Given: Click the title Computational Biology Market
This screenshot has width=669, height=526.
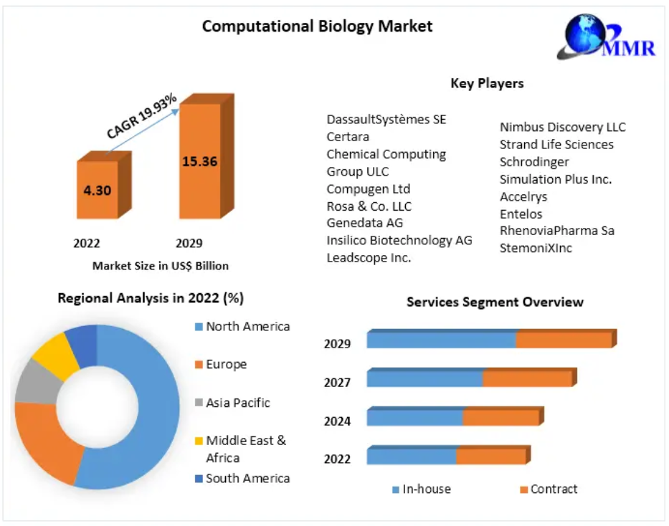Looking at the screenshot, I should (317, 27).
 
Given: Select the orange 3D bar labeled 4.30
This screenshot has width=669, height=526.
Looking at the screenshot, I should (98, 189).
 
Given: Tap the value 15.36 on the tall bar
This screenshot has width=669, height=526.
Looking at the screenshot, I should (199, 161).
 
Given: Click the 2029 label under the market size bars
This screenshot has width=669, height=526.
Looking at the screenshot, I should (189, 243).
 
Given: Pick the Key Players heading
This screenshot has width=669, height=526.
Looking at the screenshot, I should (487, 83).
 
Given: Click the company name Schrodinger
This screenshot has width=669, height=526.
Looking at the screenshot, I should (534, 162).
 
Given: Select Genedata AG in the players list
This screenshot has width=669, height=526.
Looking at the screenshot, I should (364, 223).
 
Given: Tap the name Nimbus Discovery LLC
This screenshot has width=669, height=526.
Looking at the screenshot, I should (562, 127).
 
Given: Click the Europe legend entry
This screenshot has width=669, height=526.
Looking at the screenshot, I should (226, 364).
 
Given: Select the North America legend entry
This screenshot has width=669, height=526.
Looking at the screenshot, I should (247, 327).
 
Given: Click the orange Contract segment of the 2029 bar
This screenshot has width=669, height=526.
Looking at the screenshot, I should (564, 340).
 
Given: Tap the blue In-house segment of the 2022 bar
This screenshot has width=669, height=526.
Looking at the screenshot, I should (411, 456).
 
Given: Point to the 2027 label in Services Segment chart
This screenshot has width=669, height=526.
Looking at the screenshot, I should (337, 383).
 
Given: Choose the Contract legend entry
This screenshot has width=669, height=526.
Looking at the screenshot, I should (553, 489).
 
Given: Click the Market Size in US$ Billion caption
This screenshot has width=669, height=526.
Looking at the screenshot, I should (161, 266).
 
